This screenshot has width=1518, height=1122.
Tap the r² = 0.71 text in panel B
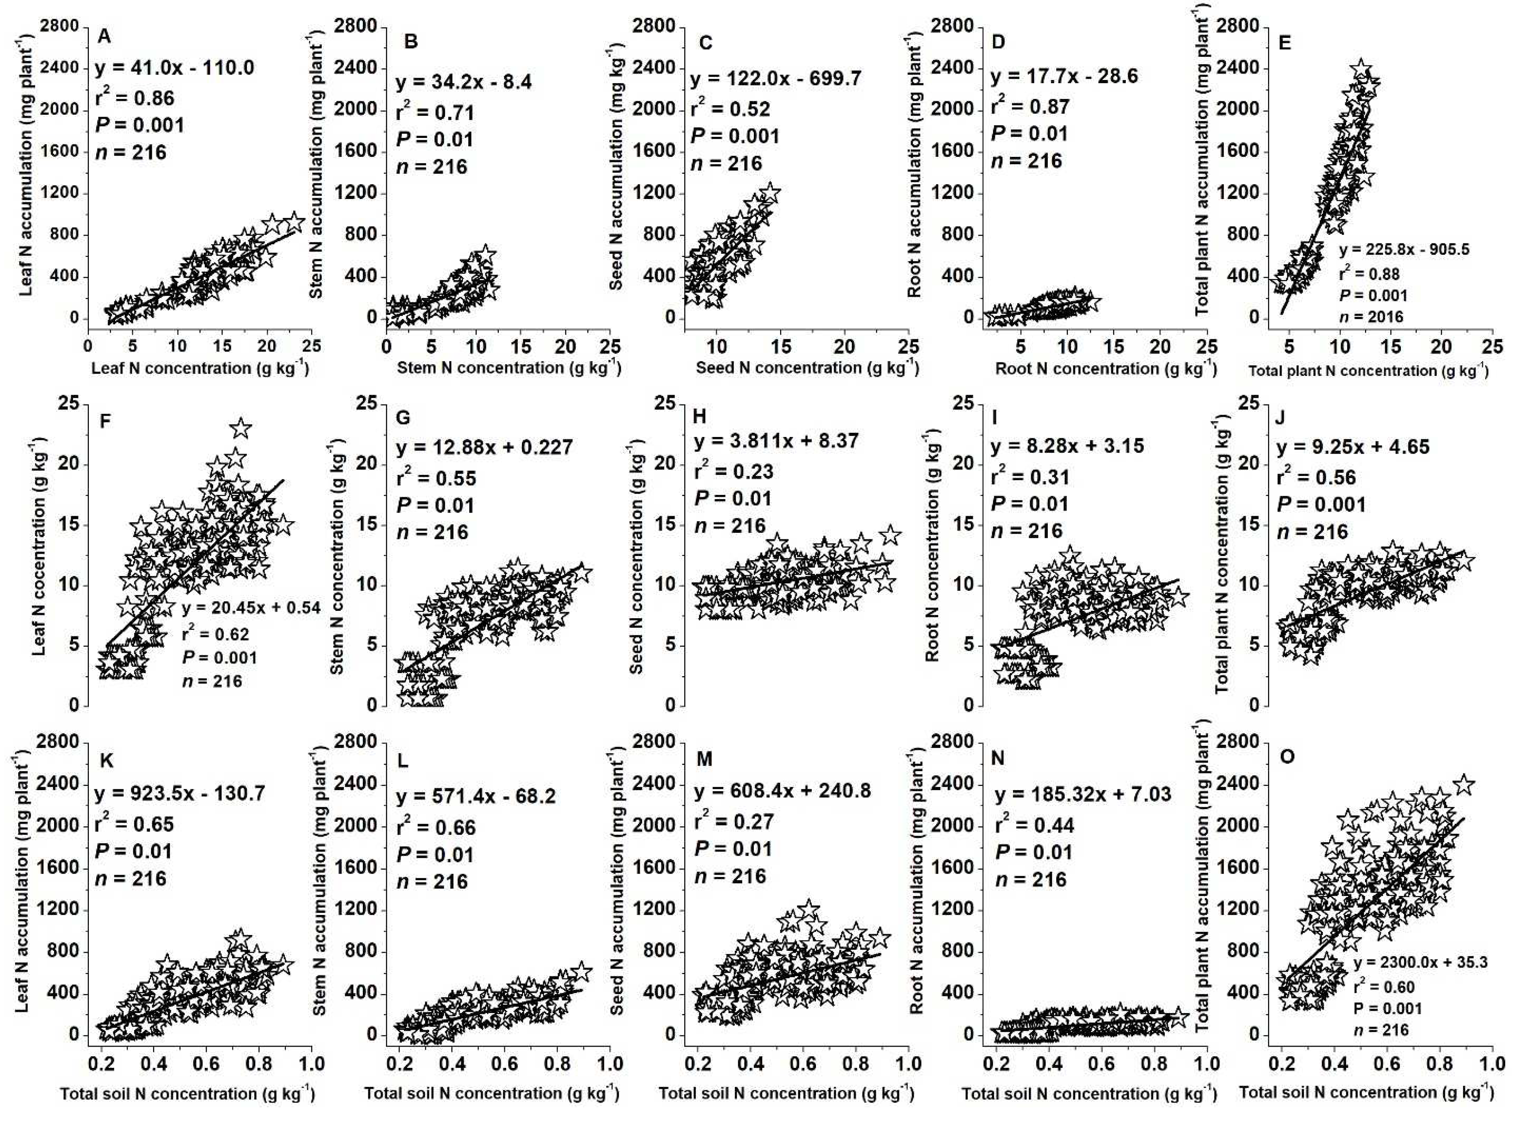[435, 112]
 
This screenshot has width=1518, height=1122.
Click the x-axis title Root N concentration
[1105, 369]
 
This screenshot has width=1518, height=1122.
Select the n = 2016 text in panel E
[1371, 316]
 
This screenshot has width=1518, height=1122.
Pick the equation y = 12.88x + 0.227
[484, 447]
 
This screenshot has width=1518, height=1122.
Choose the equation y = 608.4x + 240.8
[782, 790]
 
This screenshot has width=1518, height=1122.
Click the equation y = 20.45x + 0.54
[251, 607]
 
